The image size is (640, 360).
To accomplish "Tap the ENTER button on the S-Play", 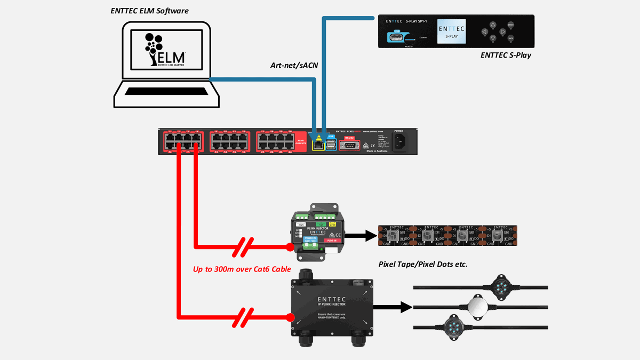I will [510, 25].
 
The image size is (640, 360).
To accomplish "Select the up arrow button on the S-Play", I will [493, 25].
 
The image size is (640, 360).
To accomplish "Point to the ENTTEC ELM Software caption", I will [149, 11].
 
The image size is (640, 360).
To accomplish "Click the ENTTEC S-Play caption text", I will [506, 55].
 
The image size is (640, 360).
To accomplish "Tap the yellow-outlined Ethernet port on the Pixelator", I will [318, 142].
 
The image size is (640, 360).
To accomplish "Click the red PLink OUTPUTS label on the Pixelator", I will [300, 141].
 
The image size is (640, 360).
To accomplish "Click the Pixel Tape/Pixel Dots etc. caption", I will [423, 264].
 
